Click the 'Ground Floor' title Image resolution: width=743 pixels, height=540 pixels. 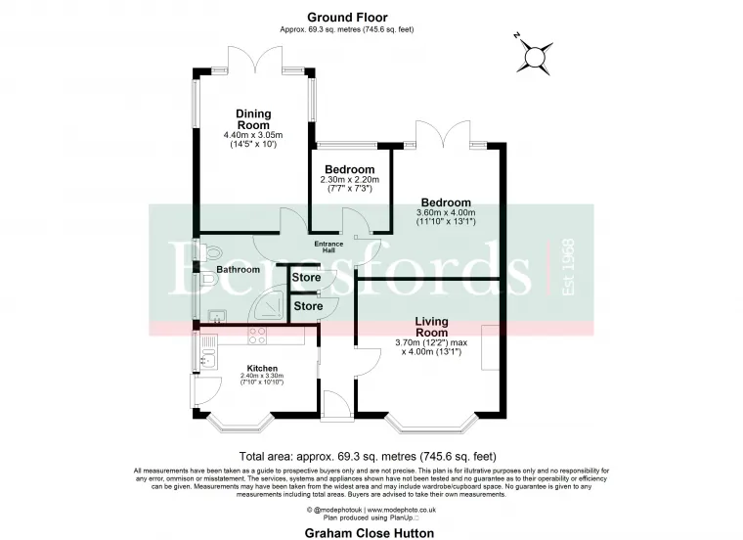[347, 17]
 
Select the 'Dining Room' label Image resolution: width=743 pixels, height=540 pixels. [252, 117]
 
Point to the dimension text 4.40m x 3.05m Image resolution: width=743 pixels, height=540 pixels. [252, 135]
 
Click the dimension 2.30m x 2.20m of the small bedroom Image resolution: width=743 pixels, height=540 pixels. [349, 181]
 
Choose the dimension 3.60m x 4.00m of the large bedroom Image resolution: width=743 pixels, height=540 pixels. [446, 212]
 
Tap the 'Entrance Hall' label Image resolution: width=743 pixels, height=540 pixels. [331, 248]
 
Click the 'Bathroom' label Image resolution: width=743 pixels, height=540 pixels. [238, 269]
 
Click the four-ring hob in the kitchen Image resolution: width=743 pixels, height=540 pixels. [258, 336]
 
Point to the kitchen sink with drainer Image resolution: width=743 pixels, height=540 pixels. [206, 356]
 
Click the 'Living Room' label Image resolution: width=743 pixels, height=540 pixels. [432, 327]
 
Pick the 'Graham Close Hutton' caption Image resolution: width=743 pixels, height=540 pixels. [371, 532]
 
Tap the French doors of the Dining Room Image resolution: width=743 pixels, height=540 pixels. [256, 61]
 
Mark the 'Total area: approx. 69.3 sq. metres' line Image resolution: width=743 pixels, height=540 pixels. [369, 456]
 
